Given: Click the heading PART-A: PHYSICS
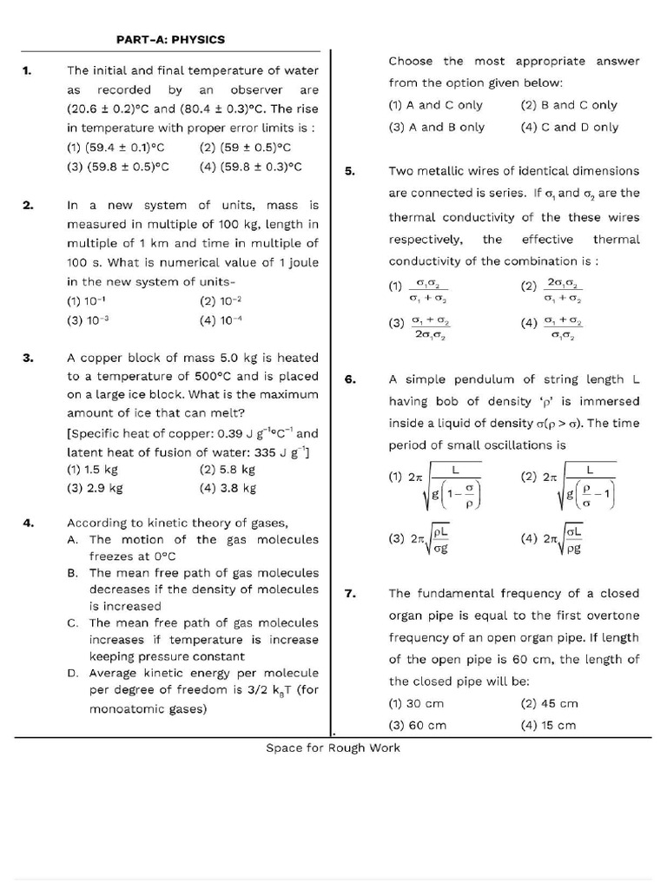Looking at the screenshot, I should click(171, 39).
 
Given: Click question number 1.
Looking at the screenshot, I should click(27, 70).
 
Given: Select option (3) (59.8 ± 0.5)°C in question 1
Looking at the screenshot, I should click(117, 168).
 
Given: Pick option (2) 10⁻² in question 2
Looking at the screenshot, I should click(221, 301).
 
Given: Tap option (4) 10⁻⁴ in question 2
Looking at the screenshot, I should click(221, 320).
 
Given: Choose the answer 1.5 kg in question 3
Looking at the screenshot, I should click(92, 469).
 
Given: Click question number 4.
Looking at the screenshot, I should click(28, 523).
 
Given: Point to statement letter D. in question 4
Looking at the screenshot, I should click(73, 673).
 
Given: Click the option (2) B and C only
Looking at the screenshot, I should click(569, 105).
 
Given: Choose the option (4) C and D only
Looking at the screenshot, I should click(570, 127).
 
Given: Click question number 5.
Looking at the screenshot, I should click(350, 171).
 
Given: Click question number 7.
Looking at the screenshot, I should click(350, 594).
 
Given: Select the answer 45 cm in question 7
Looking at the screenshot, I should click(549, 704).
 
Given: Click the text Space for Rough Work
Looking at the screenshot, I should click(333, 747).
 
